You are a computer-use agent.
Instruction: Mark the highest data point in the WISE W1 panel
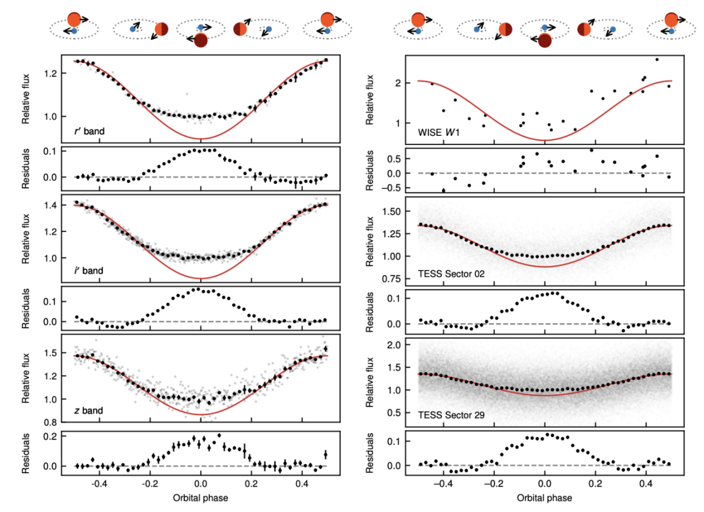point(657,59)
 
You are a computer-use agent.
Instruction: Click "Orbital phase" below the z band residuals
point(201,497)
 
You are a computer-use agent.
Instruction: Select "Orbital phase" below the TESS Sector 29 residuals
point(545,497)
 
